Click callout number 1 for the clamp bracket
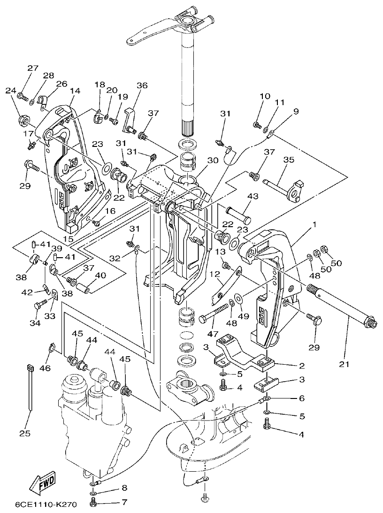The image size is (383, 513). pos(314,225)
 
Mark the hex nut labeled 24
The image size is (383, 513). pos(22,121)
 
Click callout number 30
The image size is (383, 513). pos(213,160)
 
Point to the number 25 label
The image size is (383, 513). pos(24,433)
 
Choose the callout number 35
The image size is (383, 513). pos(288,160)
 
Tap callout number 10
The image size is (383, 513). pos(265,96)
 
